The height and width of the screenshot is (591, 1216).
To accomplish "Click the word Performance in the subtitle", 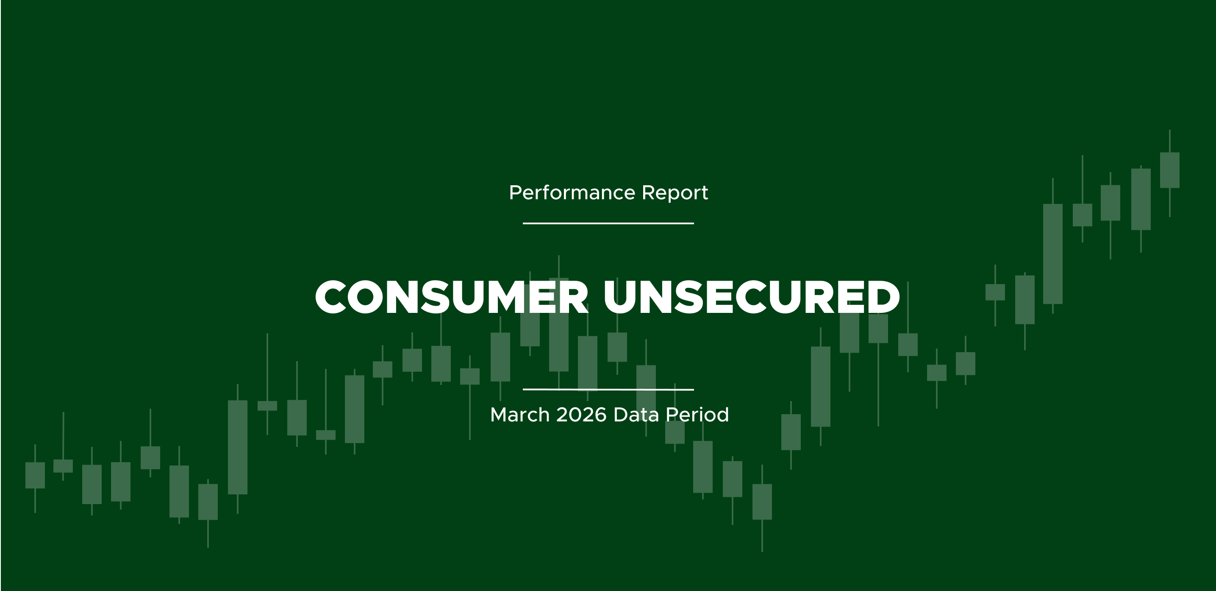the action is [x=572, y=193].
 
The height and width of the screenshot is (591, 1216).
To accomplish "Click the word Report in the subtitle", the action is [x=675, y=193].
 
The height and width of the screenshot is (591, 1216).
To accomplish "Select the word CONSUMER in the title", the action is [x=452, y=297].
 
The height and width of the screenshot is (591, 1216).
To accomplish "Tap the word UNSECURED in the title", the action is [x=752, y=297].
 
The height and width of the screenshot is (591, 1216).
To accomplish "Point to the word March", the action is [x=520, y=415].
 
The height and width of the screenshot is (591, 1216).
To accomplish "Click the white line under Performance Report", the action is [x=608, y=223].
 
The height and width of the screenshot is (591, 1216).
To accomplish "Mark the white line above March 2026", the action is [x=608, y=390].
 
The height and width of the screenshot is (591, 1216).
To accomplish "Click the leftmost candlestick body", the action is [x=35, y=475].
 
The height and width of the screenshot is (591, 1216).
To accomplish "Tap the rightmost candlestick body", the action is [x=1170, y=170].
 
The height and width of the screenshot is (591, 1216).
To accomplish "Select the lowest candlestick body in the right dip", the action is [x=762, y=502].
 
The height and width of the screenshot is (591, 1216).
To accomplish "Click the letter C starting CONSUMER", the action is [x=331, y=297].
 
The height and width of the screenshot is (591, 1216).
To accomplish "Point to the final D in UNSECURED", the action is [x=883, y=297].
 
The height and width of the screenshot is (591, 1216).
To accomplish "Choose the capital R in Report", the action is [x=648, y=193].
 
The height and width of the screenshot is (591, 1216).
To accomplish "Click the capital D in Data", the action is [x=620, y=415].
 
